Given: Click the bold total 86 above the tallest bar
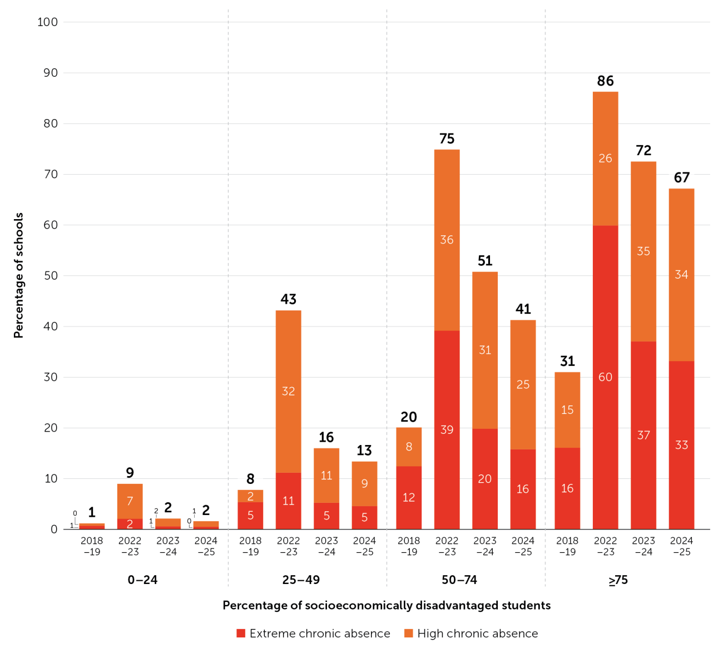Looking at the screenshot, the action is pyautogui.click(x=605, y=81).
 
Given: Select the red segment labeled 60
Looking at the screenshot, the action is pyautogui.click(x=605, y=377).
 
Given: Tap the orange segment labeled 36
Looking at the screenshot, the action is pyautogui.click(x=447, y=240).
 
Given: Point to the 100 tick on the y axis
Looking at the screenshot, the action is pyautogui.click(x=48, y=22).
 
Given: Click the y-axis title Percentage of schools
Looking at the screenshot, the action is pyautogui.click(x=18, y=275).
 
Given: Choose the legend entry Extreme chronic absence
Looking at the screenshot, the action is pyautogui.click(x=313, y=634).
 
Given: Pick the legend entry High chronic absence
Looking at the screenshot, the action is pyautogui.click(x=471, y=634).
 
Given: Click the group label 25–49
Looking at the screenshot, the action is pyautogui.click(x=301, y=580).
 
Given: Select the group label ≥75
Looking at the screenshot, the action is pyautogui.click(x=618, y=580).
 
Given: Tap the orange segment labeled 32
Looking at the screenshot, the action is pyautogui.click(x=288, y=392).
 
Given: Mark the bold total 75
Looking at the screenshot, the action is pyautogui.click(x=447, y=139).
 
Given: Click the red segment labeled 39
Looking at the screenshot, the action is pyautogui.click(x=447, y=430).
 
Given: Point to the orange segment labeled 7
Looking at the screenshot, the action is pyautogui.click(x=130, y=501).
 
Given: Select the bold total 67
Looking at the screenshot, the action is pyautogui.click(x=681, y=177).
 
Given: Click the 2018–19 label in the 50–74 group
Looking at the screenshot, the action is pyautogui.click(x=409, y=546).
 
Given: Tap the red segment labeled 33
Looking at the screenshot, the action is pyautogui.click(x=681, y=446).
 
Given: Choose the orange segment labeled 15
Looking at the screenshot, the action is pyautogui.click(x=567, y=410).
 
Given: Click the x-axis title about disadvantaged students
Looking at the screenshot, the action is pyautogui.click(x=387, y=605).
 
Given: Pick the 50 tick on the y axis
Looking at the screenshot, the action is pyautogui.click(x=51, y=276).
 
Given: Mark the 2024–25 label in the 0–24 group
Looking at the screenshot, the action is pyautogui.click(x=206, y=546).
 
